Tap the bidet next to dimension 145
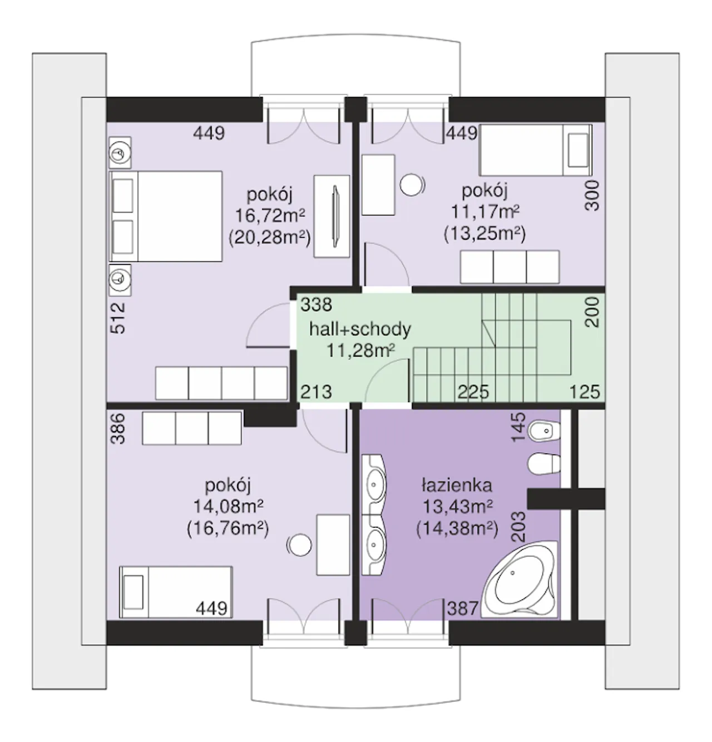[x=544, y=431]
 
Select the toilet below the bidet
[x=543, y=464]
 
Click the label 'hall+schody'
[x=360, y=329]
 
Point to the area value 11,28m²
[x=360, y=351]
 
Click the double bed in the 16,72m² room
[x=166, y=216]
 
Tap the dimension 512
[x=118, y=318]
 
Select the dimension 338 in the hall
[x=316, y=305]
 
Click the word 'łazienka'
[x=457, y=486]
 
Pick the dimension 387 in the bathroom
[x=463, y=609]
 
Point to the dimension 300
[x=592, y=196]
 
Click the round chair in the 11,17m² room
[x=412, y=185]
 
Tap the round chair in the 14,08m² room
[x=299, y=546]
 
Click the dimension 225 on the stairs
[x=473, y=392]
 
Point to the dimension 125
[x=585, y=392]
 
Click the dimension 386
[x=118, y=429]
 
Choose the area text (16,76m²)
[x=228, y=529]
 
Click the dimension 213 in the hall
[x=316, y=392]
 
